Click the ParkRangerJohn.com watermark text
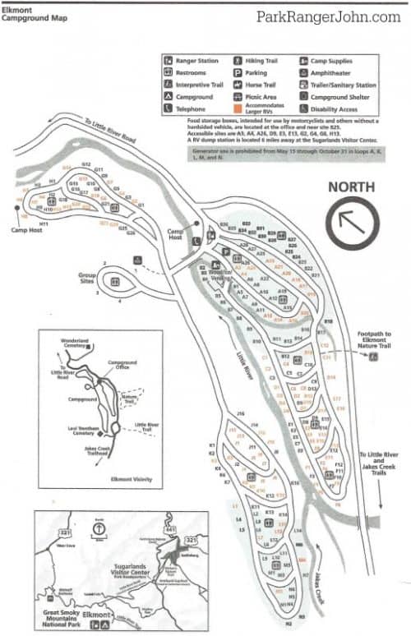pos(328,16)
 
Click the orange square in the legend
pos(238,108)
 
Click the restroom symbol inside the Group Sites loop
pos(115,282)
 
